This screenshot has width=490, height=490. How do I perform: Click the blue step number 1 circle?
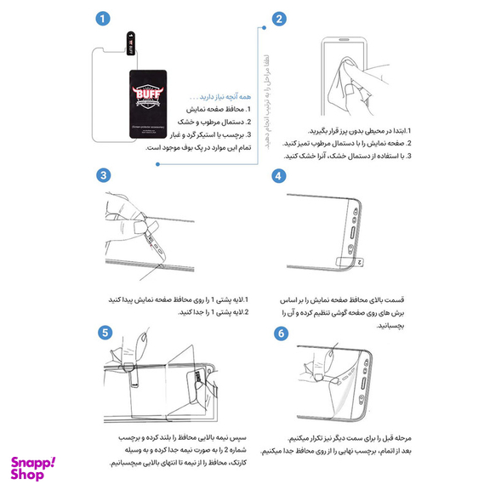click(103, 18)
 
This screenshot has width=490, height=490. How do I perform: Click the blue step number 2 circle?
click(279, 18)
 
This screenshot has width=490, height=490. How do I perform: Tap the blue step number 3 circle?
click(103, 175)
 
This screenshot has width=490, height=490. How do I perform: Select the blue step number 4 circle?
click(279, 175)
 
